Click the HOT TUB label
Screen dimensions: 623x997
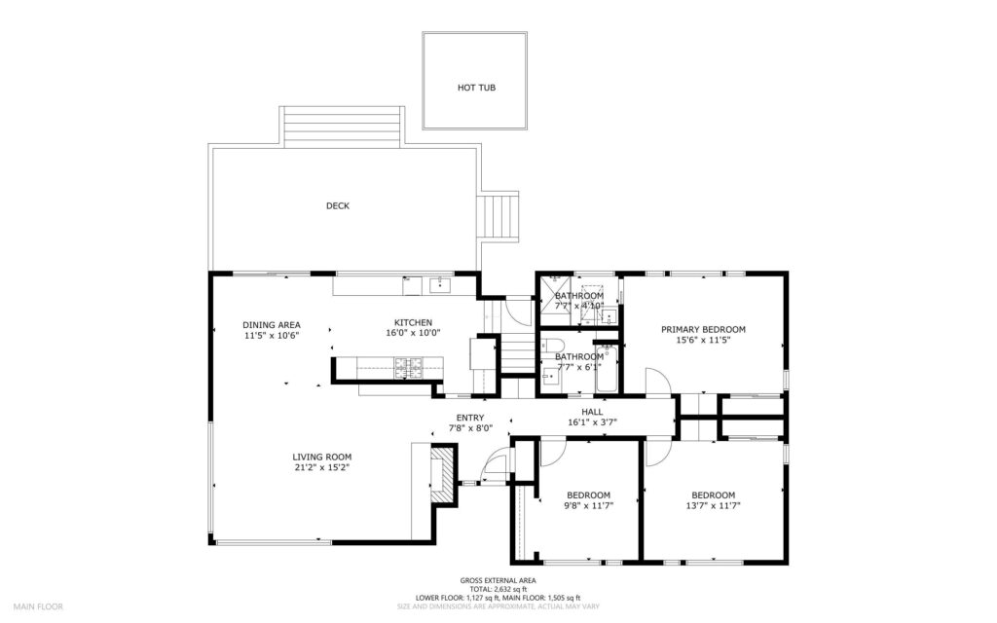tap(476, 88)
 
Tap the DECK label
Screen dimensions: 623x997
tap(338, 205)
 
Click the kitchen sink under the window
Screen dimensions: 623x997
tap(437, 284)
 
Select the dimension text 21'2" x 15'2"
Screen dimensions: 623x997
tap(322, 468)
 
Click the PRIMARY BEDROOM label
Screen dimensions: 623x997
tap(703, 329)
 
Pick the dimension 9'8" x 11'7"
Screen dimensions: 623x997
tap(588, 505)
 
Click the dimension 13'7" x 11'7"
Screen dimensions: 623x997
tap(713, 505)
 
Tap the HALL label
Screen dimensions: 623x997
tap(592, 411)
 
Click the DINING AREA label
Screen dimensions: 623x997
tap(272, 324)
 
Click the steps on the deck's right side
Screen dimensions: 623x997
tap(499, 218)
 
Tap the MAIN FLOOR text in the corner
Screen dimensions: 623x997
tap(38, 606)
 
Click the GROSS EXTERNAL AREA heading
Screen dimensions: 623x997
tap(498, 581)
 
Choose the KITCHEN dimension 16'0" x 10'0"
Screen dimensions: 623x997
tap(413, 333)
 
